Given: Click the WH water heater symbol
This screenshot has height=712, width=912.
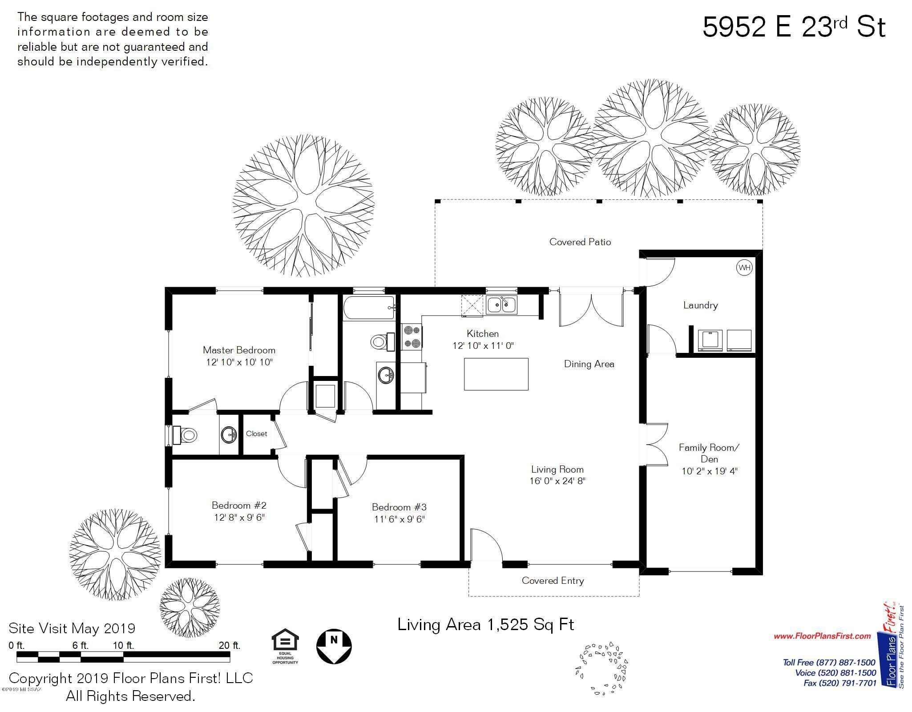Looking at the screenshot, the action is click(x=744, y=267).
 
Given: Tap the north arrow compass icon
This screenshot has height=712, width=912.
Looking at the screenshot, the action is click(x=334, y=646).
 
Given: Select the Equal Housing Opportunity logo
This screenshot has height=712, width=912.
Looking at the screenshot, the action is click(x=285, y=646).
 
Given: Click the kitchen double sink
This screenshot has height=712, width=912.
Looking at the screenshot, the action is click(x=501, y=305).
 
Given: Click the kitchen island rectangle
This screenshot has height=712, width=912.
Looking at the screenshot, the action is click(x=496, y=374).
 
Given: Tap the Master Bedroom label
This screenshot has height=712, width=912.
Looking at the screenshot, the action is click(x=239, y=350).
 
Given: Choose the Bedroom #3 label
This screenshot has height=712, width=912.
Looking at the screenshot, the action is click(x=399, y=507).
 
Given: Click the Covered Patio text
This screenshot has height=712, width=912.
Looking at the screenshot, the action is click(x=580, y=242).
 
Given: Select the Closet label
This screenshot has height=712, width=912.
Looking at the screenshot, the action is click(x=257, y=434).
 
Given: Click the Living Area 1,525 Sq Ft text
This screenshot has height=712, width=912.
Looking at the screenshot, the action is click(x=486, y=625).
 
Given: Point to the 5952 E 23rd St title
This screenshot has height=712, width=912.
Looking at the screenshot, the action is click(x=794, y=27).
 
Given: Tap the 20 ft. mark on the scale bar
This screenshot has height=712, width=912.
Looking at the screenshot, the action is click(x=230, y=645).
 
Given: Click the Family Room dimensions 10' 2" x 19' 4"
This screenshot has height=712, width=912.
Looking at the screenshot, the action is click(x=710, y=471).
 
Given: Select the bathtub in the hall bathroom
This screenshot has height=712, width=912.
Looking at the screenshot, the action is click(x=369, y=308).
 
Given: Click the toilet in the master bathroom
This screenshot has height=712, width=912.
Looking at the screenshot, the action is click(x=185, y=435).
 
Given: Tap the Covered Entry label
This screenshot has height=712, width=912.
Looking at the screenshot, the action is click(x=553, y=581).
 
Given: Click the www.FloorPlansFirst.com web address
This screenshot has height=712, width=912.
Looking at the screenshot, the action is click(x=822, y=636).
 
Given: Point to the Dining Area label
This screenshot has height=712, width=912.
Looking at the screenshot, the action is click(x=589, y=364).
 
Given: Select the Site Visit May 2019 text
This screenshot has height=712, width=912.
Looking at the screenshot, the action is click(x=72, y=628).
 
